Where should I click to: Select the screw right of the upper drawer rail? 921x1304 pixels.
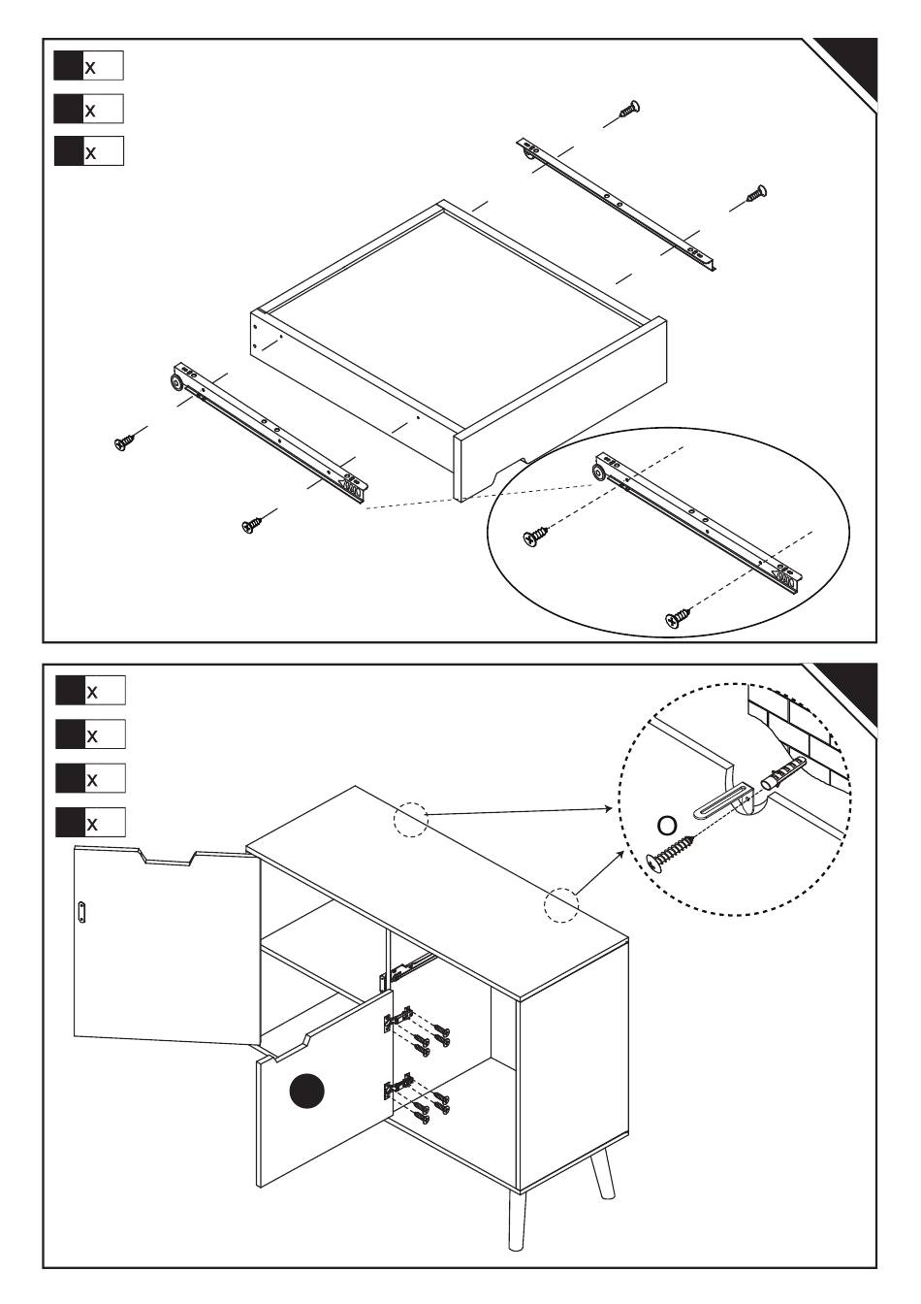coord(756,193)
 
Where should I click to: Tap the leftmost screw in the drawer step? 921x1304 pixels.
coord(125,442)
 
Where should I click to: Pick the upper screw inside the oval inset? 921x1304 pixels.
coord(535,536)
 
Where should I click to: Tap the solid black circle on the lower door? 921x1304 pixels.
coord(307,1092)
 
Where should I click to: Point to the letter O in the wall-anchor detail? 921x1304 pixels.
coord(666,825)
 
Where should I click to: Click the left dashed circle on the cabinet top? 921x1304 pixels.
coord(410,820)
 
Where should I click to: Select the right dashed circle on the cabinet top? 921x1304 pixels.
coord(561,904)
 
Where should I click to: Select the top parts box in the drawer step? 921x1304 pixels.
coord(89,66)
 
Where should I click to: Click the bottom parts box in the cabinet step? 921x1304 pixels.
coord(91,823)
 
